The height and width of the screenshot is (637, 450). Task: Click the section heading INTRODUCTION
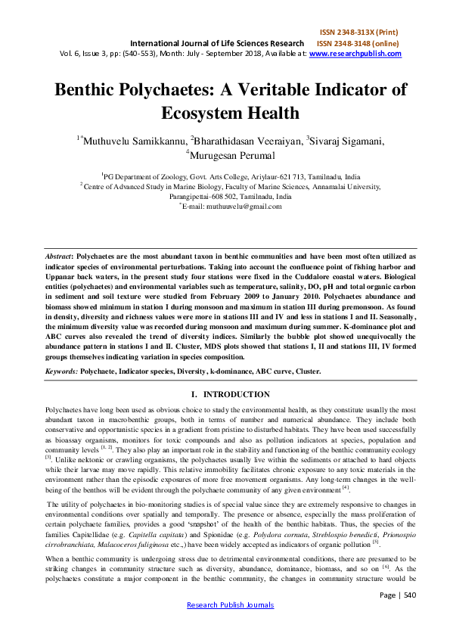tap(236, 394)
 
